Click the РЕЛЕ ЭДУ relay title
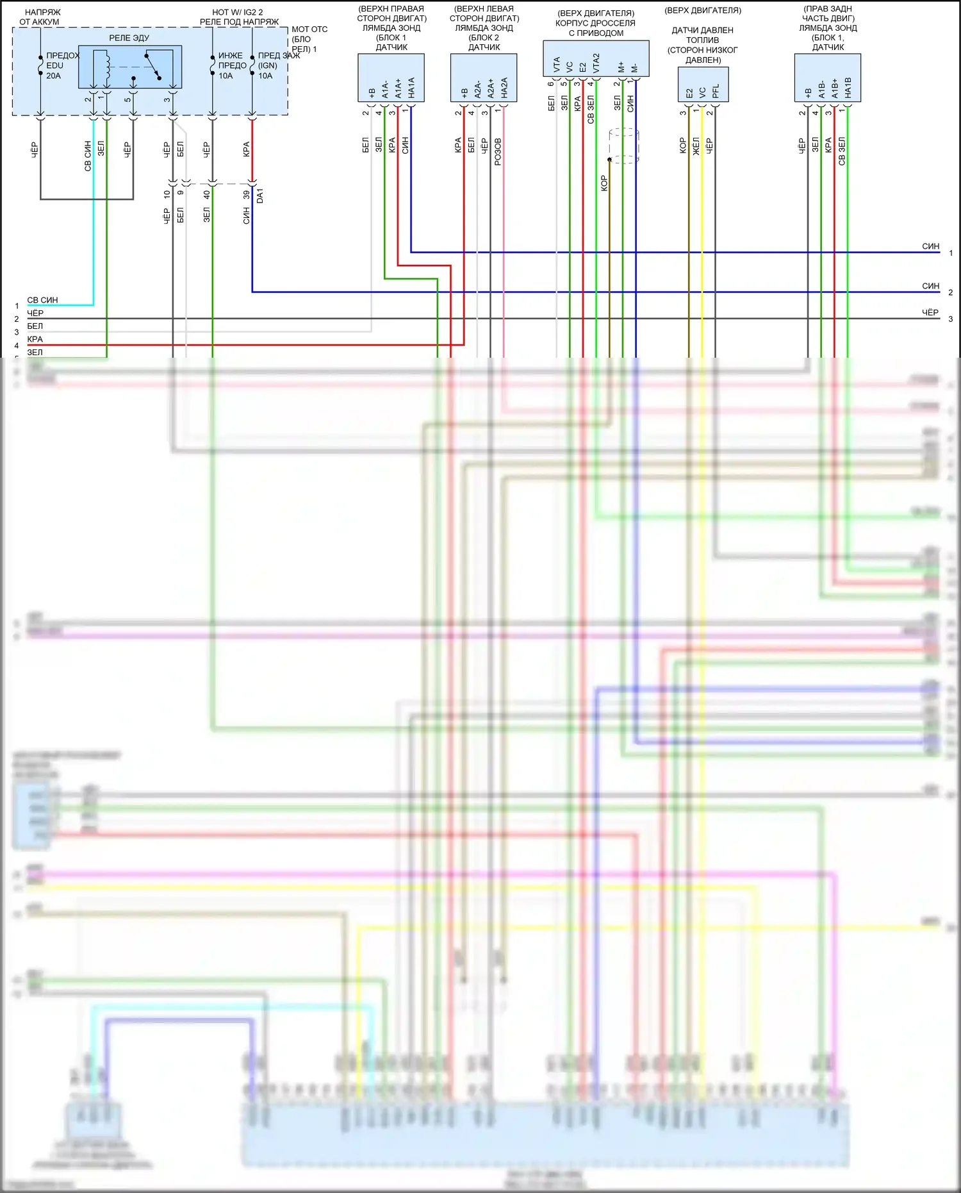coord(129,38)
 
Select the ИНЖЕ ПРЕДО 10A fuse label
coord(231,65)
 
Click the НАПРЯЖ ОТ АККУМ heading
coord(41,17)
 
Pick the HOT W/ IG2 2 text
coord(238,12)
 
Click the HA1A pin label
coord(411,88)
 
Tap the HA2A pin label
coord(504,88)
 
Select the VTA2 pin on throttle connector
coord(596,63)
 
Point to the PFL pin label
coord(716,91)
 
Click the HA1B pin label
coord(848,88)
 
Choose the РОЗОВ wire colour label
coord(498,152)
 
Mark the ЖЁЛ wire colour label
coord(696,146)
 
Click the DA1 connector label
coord(259,196)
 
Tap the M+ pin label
coord(621,67)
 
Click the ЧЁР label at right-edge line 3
coord(930,313)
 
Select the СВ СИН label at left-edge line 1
coord(42,300)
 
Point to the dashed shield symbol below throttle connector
coord(623,146)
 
